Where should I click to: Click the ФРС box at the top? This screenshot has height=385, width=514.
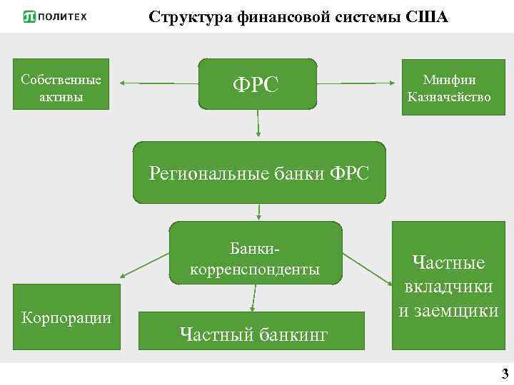(x=257, y=83)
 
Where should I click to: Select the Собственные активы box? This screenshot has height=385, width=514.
(x=61, y=84)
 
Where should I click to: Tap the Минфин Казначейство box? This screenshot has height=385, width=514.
(x=449, y=84)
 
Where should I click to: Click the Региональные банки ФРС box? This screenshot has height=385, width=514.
(x=258, y=173)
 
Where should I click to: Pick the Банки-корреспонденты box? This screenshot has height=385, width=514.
(x=256, y=253)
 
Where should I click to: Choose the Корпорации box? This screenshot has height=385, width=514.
(x=67, y=317)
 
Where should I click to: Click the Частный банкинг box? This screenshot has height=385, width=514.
(x=253, y=333)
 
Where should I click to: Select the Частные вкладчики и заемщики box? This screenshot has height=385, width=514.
(x=448, y=285)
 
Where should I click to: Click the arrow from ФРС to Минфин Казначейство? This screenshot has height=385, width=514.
(x=357, y=83)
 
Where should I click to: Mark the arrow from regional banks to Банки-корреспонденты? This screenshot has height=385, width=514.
(x=258, y=212)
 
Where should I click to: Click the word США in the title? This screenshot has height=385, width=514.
(x=427, y=16)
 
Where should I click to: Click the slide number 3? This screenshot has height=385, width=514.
(x=505, y=374)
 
